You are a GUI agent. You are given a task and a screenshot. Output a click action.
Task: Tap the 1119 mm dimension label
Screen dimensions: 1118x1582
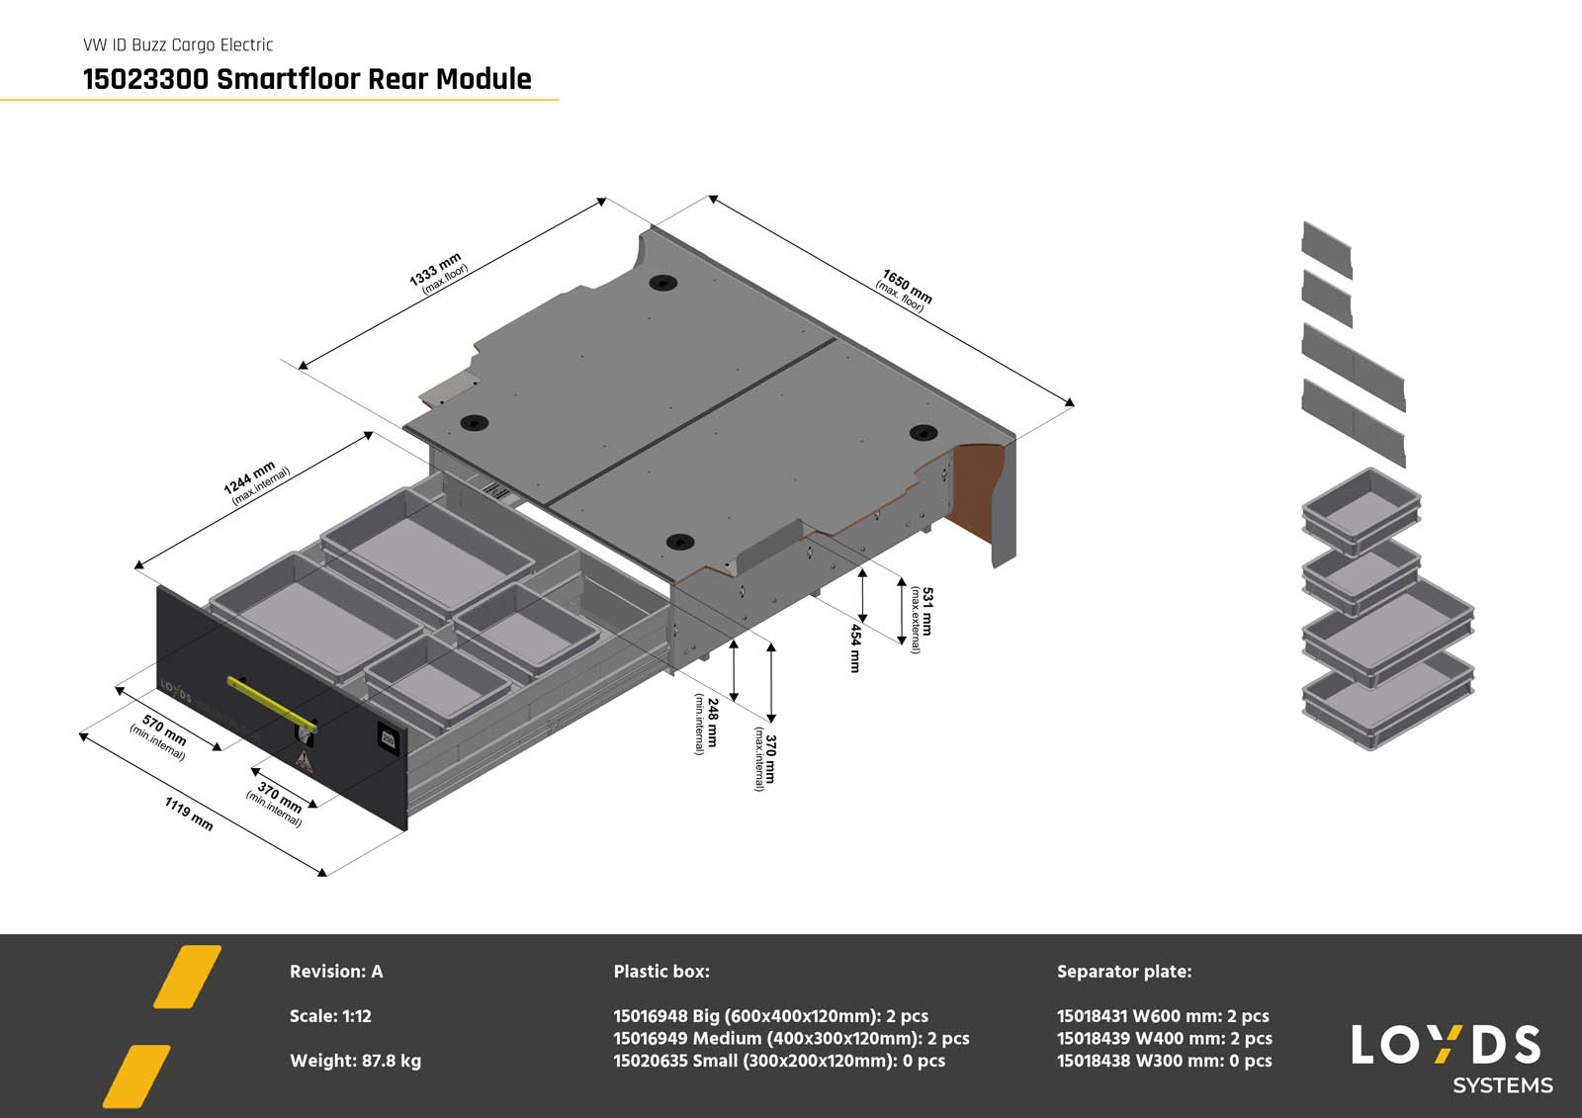click(189, 814)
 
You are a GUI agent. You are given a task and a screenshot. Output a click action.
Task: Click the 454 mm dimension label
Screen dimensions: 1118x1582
click(855, 647)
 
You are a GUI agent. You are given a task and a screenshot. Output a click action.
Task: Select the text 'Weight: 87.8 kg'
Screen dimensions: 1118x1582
click(355, 1061)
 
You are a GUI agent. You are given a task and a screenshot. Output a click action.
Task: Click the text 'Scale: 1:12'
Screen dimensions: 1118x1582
click(330, 1016)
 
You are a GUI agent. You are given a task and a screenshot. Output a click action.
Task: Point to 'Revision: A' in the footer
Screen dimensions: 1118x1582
click(336, 972)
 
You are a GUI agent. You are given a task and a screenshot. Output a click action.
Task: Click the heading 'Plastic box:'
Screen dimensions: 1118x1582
click(661, 972)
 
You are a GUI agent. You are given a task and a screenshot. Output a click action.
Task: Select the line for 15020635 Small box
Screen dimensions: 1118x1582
click(779, 1061)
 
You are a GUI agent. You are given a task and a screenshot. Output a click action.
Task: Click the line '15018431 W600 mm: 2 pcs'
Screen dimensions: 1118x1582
click(1163, 1016)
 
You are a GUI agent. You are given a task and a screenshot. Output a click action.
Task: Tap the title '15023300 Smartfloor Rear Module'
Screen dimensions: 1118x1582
click(307, 79)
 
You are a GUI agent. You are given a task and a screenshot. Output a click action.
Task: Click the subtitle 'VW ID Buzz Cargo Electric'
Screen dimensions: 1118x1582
click(178, 44)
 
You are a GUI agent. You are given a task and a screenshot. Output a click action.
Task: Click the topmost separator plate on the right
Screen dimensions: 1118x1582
click(1327, 249)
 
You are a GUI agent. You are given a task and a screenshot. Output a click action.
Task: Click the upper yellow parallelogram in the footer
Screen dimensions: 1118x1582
click(187, 977)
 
